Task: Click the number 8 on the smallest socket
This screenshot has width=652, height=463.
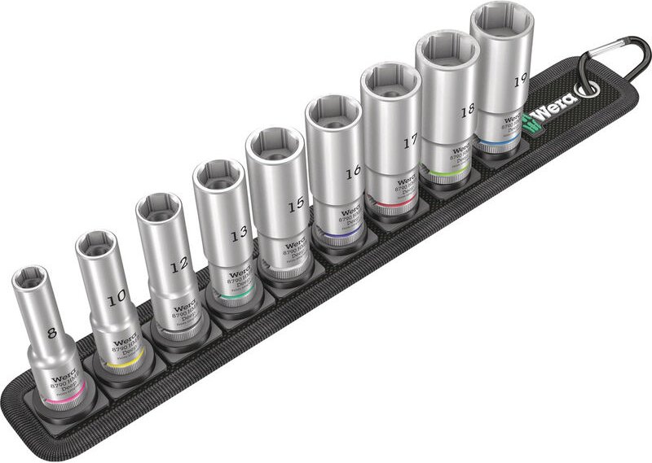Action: click(52, 332)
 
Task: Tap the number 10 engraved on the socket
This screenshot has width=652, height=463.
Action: click(117, 298)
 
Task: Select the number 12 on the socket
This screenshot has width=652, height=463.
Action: click(179, 263)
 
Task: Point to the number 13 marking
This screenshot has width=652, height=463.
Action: click(238, 234)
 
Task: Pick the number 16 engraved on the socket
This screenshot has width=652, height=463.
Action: click(352, 173)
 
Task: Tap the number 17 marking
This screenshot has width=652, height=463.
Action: click(409, 142)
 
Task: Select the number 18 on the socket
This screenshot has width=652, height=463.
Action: click(467, 111)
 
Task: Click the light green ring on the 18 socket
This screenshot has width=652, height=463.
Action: click(444, 173)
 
